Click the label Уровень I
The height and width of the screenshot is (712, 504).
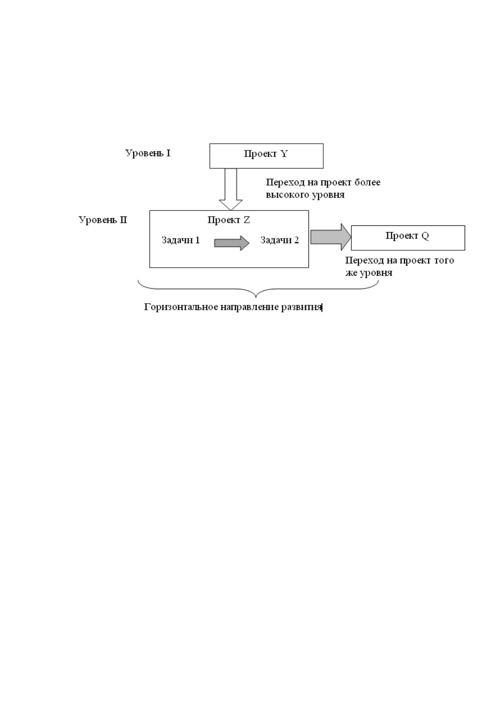(x=148, y=153)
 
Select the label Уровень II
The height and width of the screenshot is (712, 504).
(x=103, y=220)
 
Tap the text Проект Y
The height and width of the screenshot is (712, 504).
(x=266, y=154)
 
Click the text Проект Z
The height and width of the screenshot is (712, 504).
(x=229, y=220)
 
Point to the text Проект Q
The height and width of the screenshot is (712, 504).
(x=407, y=236)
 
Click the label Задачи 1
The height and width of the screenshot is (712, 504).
(x=180, y=240)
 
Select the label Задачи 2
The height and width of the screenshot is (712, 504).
(x=280, y=240)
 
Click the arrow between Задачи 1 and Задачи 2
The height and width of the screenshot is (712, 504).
(x=231, y=243)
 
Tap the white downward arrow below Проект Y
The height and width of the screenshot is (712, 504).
(x=231, y=189)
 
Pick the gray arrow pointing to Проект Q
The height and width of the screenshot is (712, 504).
(x=330, y=237)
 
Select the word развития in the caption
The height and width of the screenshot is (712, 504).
(x=302, y=307)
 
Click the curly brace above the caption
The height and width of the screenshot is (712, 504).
(x=258, y=289)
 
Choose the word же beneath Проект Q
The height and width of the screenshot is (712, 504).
(x=351, y=273)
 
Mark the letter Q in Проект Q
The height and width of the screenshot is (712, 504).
(x=425, y=236)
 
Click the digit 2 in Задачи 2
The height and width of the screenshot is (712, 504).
(x=296, y=240)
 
